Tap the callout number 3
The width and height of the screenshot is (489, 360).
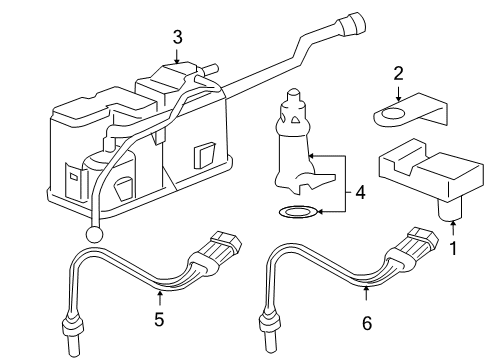point(177,37)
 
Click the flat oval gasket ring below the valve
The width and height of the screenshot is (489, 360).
point(297,211)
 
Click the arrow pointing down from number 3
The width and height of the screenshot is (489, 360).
point(177,58)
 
